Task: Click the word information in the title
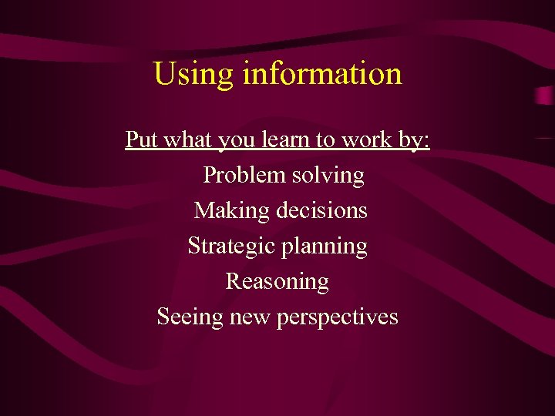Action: (322, 75)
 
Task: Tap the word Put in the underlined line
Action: (141, 140)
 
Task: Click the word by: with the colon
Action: (413, 141)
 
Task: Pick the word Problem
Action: (244, 176)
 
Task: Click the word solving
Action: (328, 176)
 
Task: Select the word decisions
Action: (320, 210)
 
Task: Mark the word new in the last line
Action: (249, 317)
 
